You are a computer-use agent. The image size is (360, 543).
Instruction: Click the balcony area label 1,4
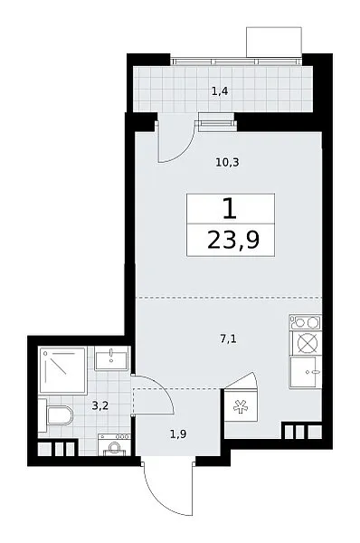click(x=220, y=91)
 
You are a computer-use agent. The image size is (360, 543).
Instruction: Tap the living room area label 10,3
click(x=227, y=162)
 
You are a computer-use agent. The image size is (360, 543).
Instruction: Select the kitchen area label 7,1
click(x=228, y=339)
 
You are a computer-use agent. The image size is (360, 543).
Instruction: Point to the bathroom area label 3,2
click(x=100, y=405)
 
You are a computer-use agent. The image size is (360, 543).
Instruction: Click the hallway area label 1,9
click(x=178, y=433)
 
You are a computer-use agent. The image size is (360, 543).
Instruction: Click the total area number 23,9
click(x=233, y=241)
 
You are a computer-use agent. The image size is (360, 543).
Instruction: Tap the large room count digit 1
click(x=230, y=209)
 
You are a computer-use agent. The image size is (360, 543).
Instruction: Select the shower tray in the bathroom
click(x=62, y=370)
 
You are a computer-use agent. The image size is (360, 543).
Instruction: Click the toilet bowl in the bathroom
click(x=60, y=415)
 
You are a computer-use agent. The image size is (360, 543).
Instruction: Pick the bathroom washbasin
click(x=111, y=358)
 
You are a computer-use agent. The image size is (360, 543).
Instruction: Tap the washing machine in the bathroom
click(x=114, y=444)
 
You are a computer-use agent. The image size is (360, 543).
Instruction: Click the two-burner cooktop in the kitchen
click(x=306, y=322)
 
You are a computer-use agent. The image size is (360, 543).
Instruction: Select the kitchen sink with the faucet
click(x=306, y=372)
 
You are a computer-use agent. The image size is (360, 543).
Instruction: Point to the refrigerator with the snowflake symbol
click(x=241, y=405)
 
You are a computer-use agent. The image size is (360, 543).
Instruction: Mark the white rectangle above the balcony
click(x=274, y=42)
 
